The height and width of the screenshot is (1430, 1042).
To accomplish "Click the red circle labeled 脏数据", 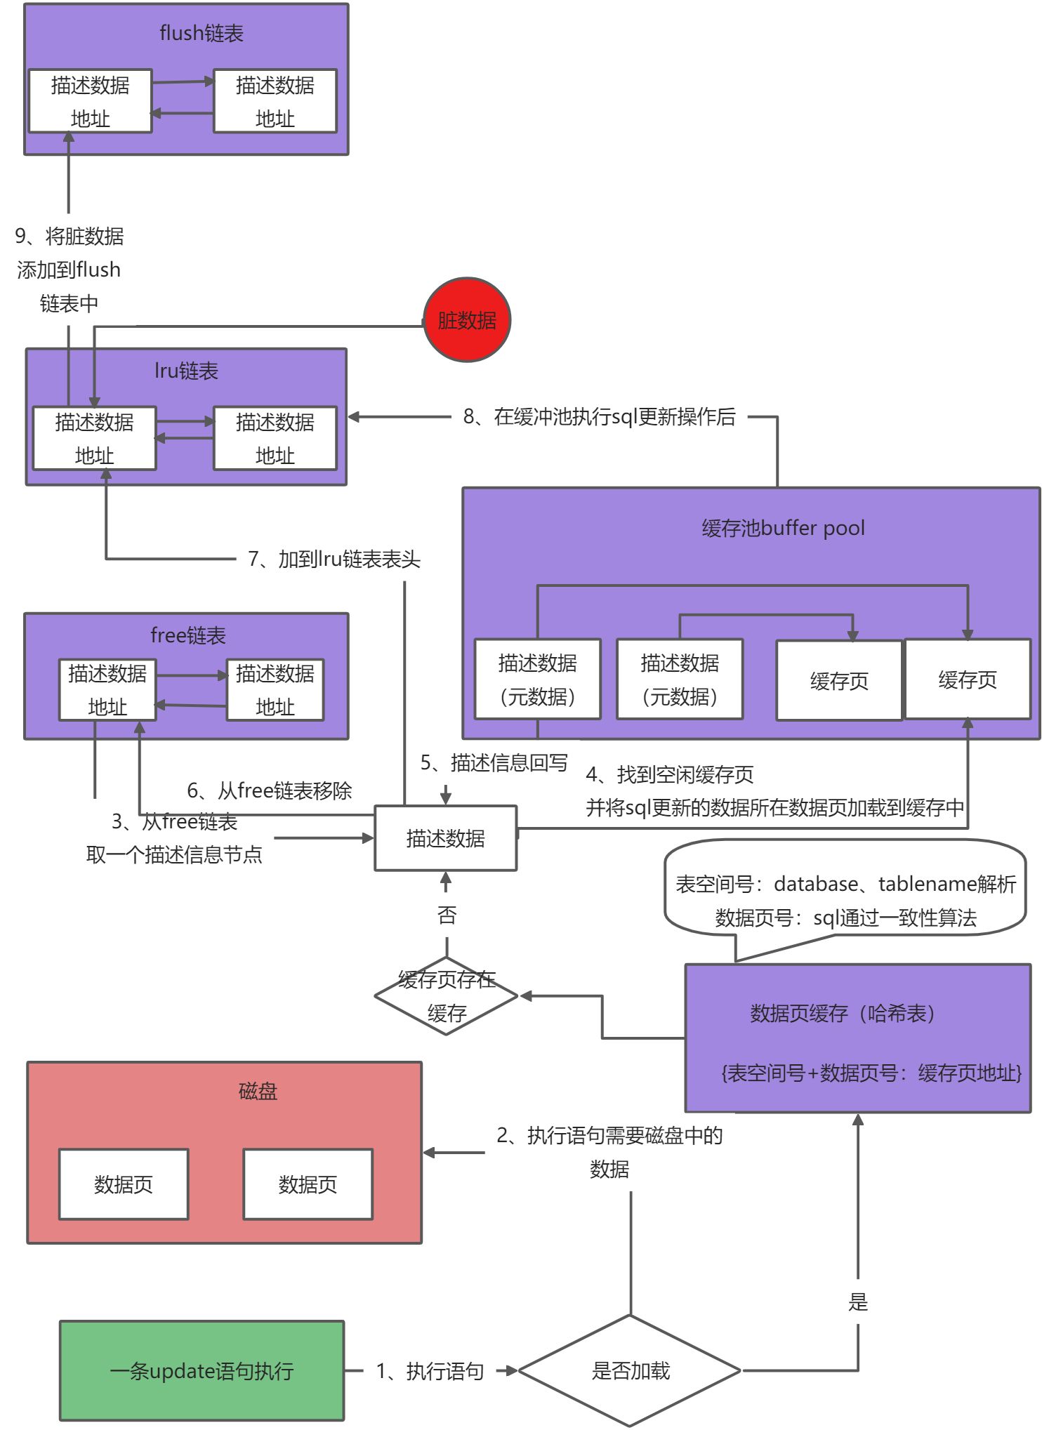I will [x=467, y=320].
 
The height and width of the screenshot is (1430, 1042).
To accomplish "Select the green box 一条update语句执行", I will [x=202, y=1370].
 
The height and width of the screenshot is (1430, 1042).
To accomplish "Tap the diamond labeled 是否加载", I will [x=630, y=1370].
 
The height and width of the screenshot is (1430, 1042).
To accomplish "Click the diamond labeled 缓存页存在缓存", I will [x=447, y=995].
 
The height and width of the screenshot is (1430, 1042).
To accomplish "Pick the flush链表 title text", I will [x=202, y=33].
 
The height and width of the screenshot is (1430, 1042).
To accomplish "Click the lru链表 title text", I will [x=186, y=371].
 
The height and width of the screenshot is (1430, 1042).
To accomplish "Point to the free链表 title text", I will [x=187, y=635].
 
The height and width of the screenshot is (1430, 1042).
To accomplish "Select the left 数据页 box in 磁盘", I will [x=124, y=1184].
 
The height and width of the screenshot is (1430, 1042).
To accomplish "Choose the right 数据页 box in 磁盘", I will [x=308, y=1184].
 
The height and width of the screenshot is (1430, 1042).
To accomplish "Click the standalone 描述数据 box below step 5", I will [x=446, y=838].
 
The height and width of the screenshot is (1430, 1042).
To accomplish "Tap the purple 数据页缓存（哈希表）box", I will [x=857, y=1038].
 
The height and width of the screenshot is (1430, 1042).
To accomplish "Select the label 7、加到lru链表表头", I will [x=334, y=560].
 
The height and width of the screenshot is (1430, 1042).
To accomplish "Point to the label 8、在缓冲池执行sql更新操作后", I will [x=599, y=417].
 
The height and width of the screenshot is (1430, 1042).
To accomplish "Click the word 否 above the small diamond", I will [x=447, y=915].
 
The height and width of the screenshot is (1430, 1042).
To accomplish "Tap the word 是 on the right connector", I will [x=858, y=1302].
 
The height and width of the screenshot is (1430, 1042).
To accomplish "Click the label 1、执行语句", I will [x=430, y=1370].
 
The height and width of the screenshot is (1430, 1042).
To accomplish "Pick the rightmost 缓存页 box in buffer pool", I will [x=968, y=679].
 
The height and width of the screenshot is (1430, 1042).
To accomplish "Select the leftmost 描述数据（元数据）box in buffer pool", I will [x=537, y=679].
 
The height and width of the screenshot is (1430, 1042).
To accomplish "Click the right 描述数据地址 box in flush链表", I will [x=275, y=101].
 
